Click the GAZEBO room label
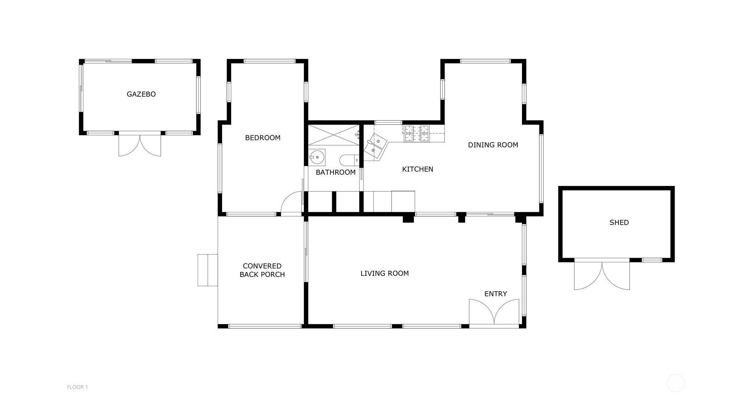[x=141, y=94]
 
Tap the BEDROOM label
[x=262, y=138]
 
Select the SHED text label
[x=618, y=223]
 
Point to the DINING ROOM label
[x=492, y=145]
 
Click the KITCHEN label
[x=417, y=169]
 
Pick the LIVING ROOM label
[x=384, y=273]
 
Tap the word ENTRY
[x=495, y=294]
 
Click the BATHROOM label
[x=335, y=172]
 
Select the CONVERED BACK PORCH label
[x=262, y=270]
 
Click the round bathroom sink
[x=317, y=157]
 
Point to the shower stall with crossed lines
[x=333, y=135]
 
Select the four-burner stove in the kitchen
[x=416, y=133]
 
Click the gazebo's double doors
[x=139, y=144]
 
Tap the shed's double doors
[x=601, y=275]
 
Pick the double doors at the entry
[x=494, y=312]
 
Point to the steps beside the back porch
[x=207, y=270]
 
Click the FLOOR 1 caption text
[x=77, y=387]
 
